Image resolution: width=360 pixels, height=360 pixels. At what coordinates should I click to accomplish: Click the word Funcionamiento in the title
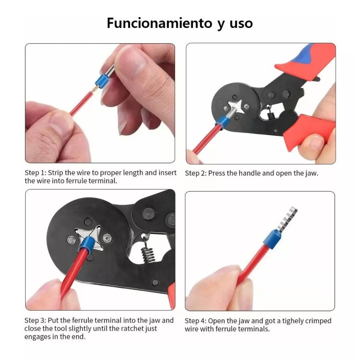160,23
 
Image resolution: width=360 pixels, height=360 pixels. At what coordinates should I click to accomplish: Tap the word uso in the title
241,24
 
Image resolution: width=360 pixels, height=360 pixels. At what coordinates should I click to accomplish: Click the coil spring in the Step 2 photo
271,114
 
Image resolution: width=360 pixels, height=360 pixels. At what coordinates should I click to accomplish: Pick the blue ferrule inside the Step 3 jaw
87,244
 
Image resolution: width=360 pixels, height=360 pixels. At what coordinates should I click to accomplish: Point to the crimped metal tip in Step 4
287,219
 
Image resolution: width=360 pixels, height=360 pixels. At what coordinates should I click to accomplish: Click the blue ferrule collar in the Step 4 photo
272,239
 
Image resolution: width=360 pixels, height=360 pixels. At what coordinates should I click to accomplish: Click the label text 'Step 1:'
36,173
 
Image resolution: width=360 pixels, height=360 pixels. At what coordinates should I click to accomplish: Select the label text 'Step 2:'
196,173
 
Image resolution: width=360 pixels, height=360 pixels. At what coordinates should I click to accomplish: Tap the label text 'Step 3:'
36,320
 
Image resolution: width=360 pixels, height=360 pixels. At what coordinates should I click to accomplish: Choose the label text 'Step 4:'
196,321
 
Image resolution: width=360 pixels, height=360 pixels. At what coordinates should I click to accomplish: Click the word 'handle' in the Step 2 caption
250,173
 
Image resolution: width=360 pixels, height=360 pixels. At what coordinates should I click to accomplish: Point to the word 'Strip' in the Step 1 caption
55,173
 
